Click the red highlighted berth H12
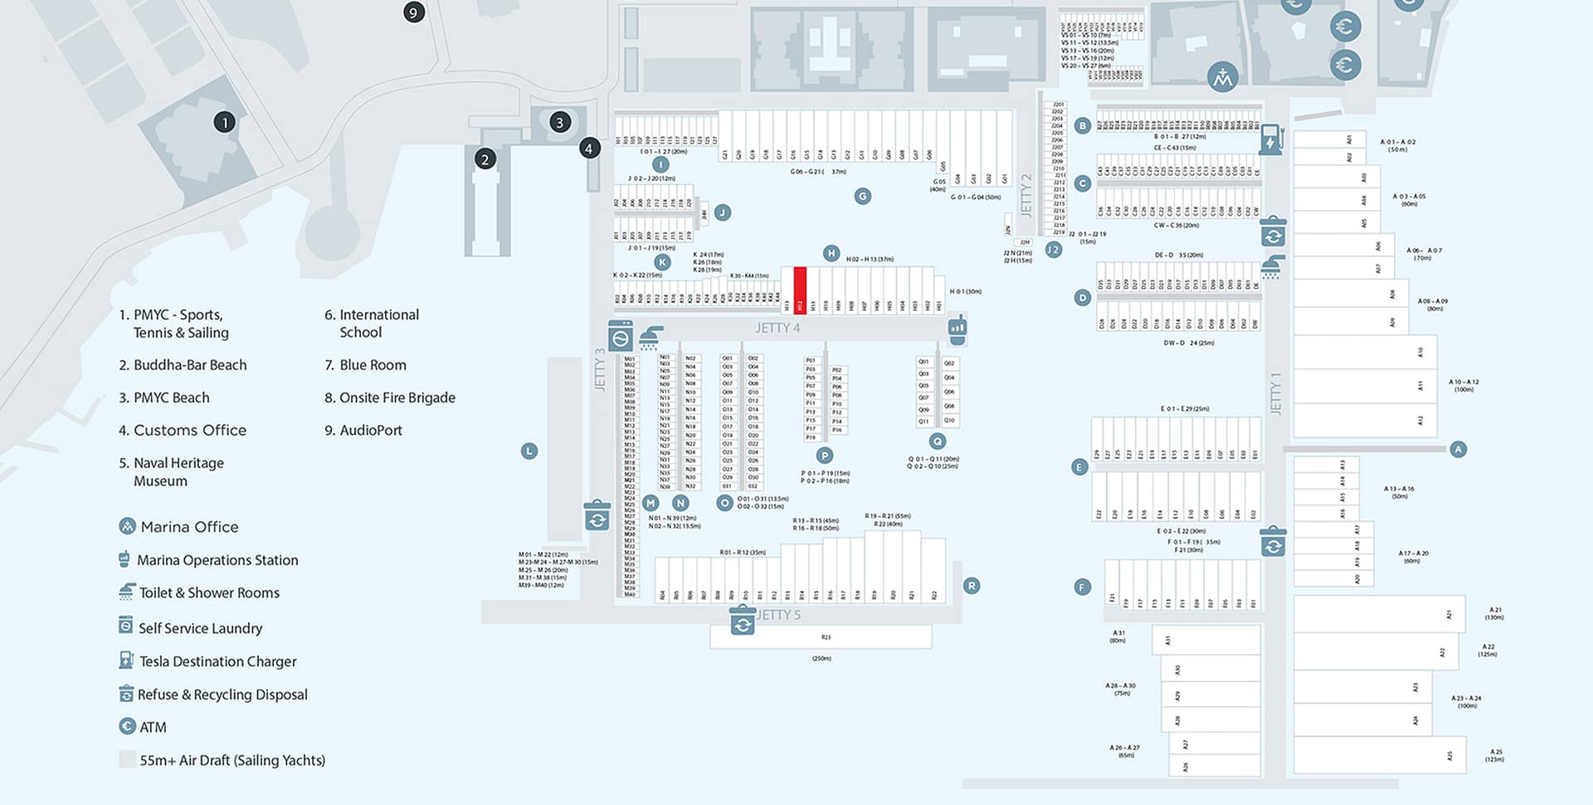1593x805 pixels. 800,290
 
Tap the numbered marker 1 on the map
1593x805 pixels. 224,122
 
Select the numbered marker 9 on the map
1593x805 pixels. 413,12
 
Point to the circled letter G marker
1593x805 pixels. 863,196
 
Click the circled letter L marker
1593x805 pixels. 529,451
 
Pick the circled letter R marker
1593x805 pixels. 972,586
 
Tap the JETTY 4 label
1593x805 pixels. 777,328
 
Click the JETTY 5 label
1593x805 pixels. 779,615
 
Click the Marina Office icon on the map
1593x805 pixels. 1222,77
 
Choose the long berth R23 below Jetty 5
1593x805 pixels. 821,637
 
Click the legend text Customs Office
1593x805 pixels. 190,430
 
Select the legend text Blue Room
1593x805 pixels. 373,365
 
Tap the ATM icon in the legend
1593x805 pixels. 127,726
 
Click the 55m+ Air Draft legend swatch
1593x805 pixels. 127,759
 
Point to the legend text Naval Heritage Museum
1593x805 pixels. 178,471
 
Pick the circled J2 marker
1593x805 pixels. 1054,249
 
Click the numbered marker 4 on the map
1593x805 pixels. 589,149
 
